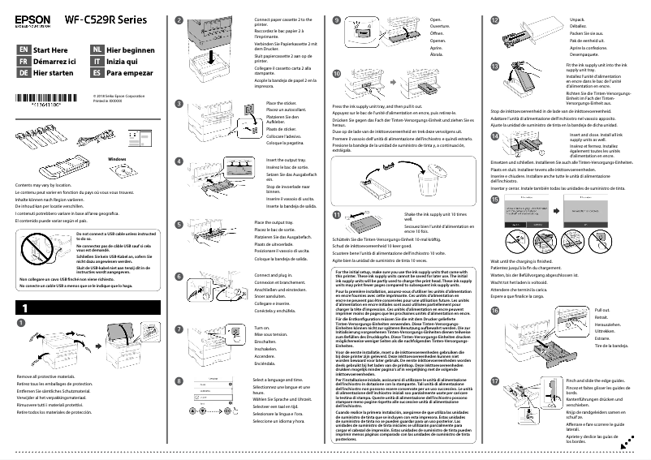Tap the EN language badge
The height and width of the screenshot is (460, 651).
24,49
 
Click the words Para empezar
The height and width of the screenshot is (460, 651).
131,72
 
